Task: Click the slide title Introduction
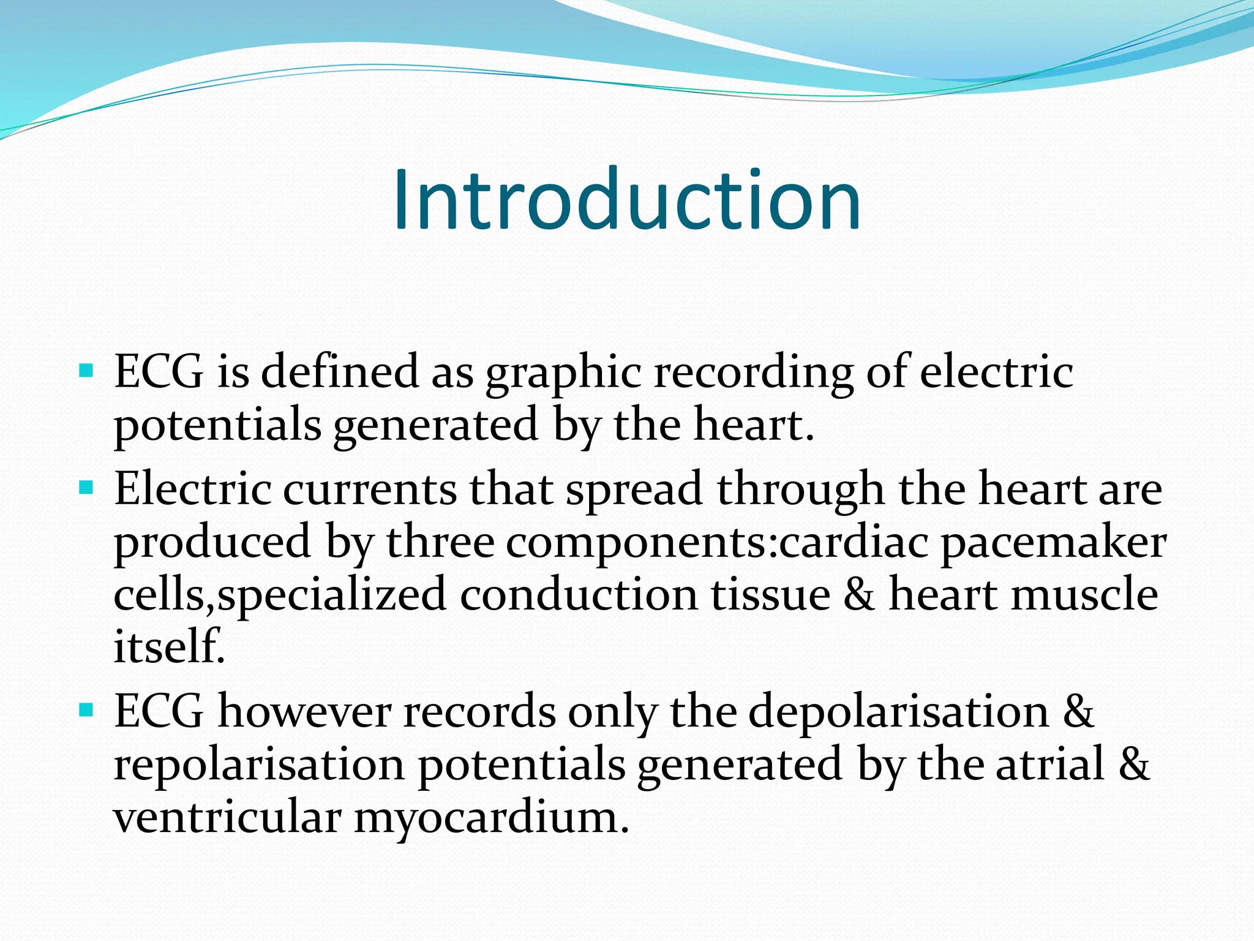[627, 200]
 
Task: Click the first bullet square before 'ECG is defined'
[86, 371]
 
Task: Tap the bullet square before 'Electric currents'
[86, 488]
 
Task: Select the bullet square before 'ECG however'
[86, 711]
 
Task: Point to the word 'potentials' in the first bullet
[217, 426]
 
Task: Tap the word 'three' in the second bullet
[440, 543]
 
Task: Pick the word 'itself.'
[170, 647]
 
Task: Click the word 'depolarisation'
[899, 712]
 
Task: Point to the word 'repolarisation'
[259, 766]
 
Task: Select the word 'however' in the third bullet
[304, 712]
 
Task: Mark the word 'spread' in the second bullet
[634, 491]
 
